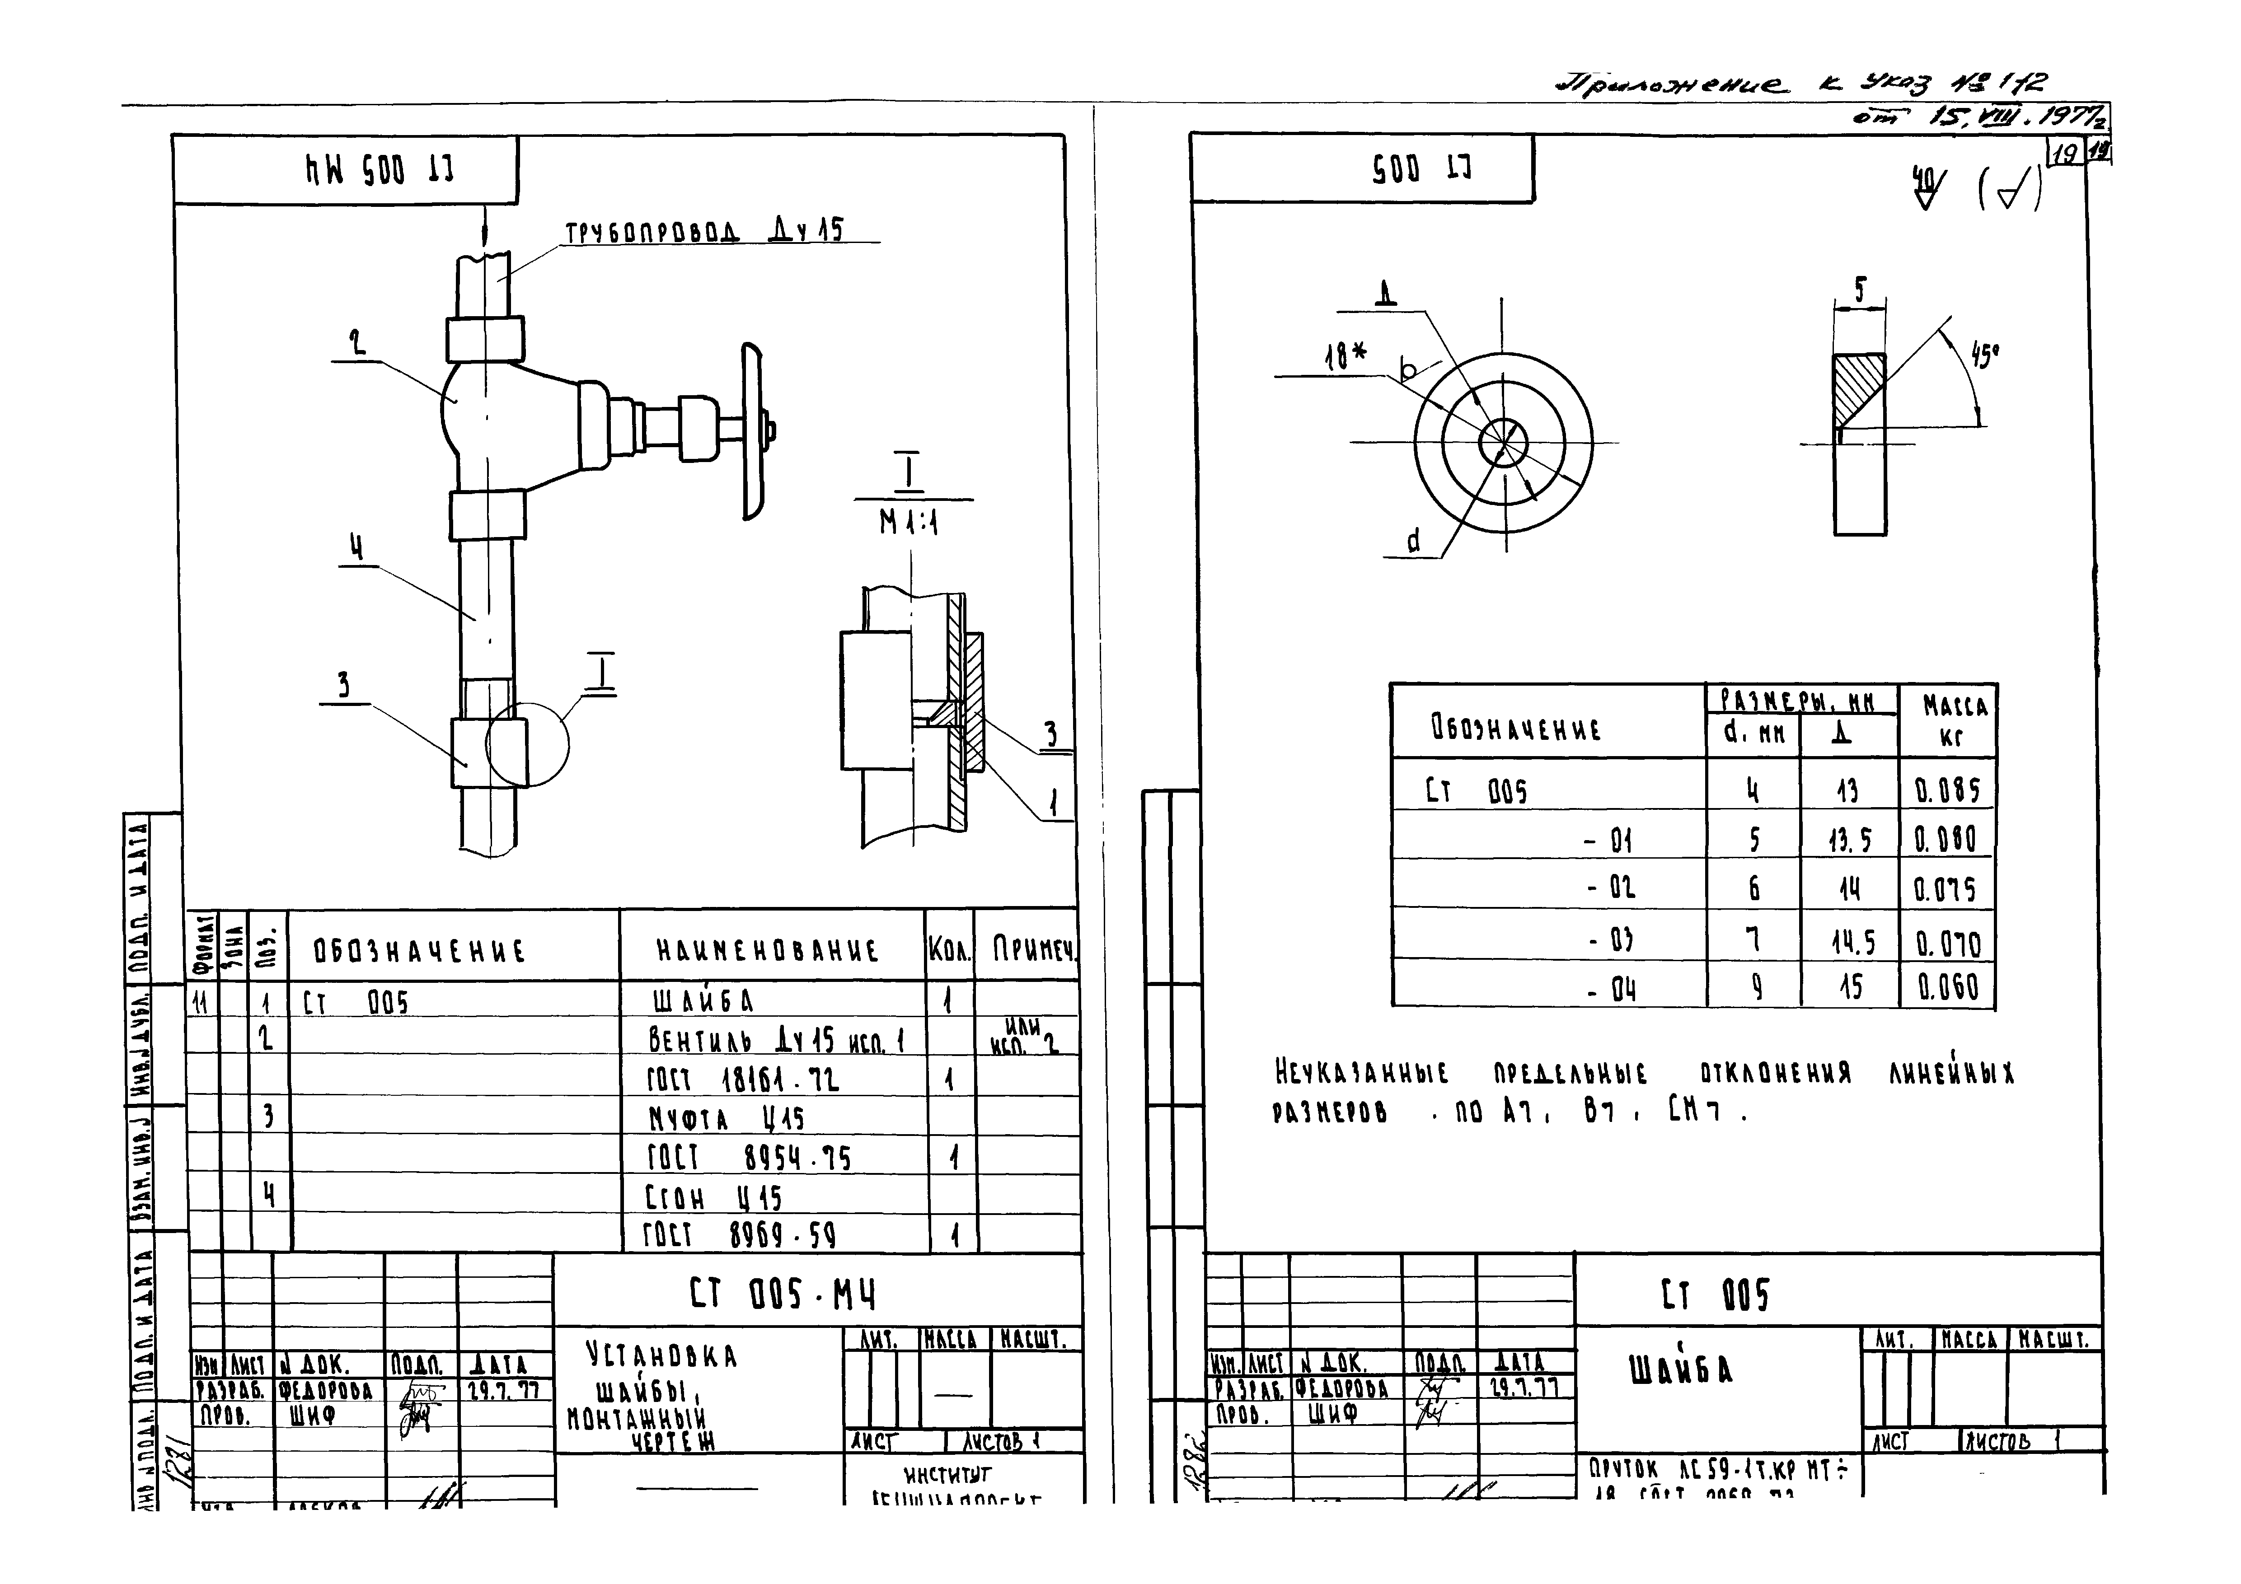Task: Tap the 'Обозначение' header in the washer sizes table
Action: (1516, 728)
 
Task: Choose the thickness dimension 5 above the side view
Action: (1859, 290)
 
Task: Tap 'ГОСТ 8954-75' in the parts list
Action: (749, 1158)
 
